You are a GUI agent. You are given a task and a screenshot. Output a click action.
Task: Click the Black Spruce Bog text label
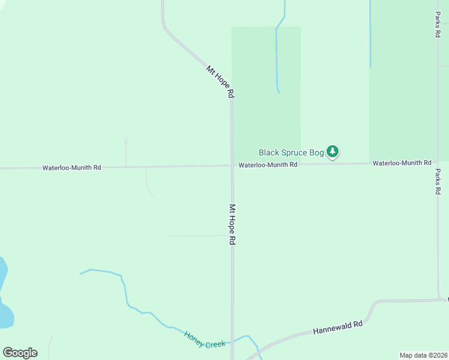291,152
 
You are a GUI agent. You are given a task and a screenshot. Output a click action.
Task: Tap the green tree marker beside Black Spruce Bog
333,152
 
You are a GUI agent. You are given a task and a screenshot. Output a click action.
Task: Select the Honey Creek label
205,340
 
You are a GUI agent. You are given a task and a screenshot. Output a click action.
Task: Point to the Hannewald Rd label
338,328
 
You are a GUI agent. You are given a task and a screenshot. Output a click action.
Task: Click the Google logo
20,353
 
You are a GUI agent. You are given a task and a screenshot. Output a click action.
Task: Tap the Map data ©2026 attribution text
423,355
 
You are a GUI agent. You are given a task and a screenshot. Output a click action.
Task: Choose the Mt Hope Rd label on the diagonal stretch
220,82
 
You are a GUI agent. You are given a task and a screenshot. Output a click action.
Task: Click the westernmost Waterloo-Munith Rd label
71,168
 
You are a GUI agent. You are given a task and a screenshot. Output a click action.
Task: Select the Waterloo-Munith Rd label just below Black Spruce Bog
268,164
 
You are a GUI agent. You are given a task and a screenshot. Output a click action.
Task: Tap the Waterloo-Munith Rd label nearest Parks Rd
402,163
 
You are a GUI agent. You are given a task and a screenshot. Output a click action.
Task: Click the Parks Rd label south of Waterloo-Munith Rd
438,181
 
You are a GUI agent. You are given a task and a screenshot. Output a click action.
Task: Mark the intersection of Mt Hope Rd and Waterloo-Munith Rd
232,166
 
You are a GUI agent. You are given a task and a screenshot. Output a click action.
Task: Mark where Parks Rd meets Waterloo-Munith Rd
438,162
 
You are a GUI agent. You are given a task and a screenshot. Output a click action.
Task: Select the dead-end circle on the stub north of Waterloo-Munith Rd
126,142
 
